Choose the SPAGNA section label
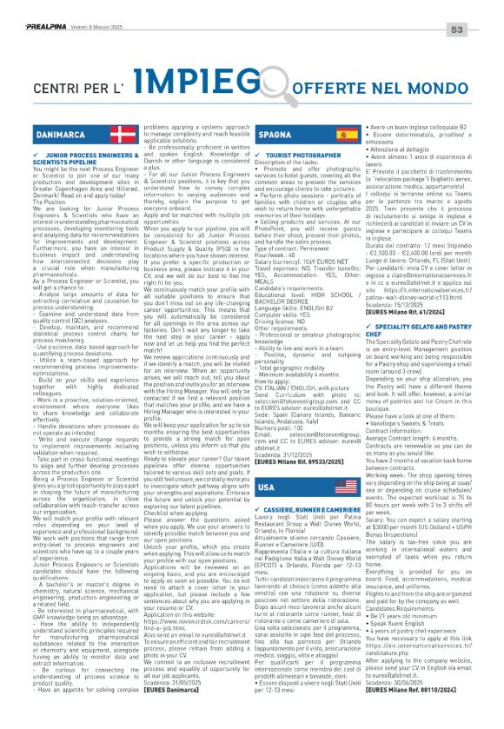point(275,136)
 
